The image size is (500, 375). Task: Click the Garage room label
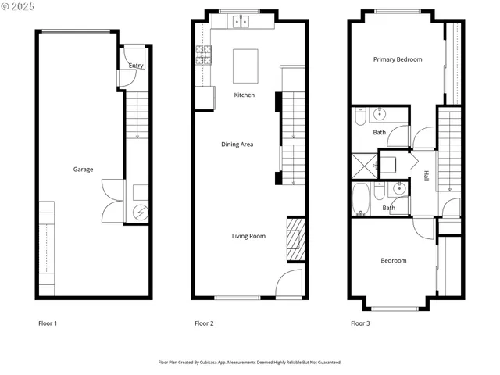pos(84,170)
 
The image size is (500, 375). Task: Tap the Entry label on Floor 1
pos(136,66)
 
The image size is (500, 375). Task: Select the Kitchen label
pos(245,95)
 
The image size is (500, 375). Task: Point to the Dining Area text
pos(237,145)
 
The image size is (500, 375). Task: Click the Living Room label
pos(248,236)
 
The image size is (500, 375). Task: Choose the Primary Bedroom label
pos(397,60)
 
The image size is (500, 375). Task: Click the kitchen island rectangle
pos(246,66)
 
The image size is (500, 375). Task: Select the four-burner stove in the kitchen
pos(204,54)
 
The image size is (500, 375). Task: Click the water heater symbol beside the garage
pos(141,212)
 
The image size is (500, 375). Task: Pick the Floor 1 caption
pos(48,323)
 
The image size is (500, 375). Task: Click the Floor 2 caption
pos(204,323)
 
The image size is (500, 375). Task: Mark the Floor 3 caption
pos(360,323)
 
